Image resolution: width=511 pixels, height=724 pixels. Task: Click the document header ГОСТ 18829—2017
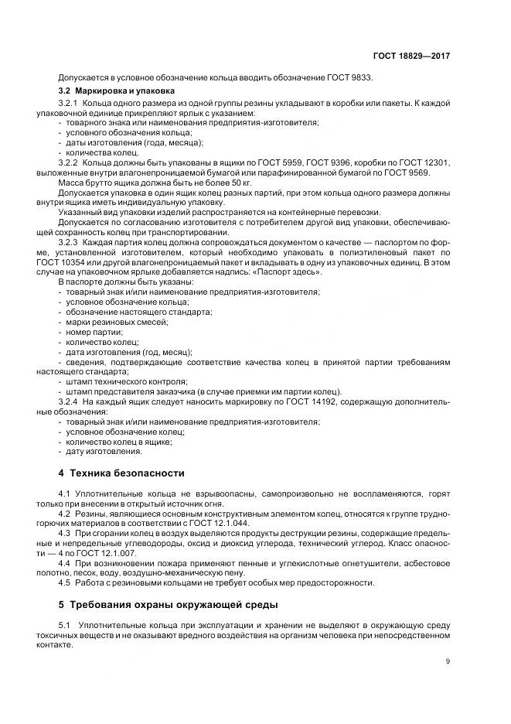coord(411,56)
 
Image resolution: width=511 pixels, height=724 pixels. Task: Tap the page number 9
coord(448,661)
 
